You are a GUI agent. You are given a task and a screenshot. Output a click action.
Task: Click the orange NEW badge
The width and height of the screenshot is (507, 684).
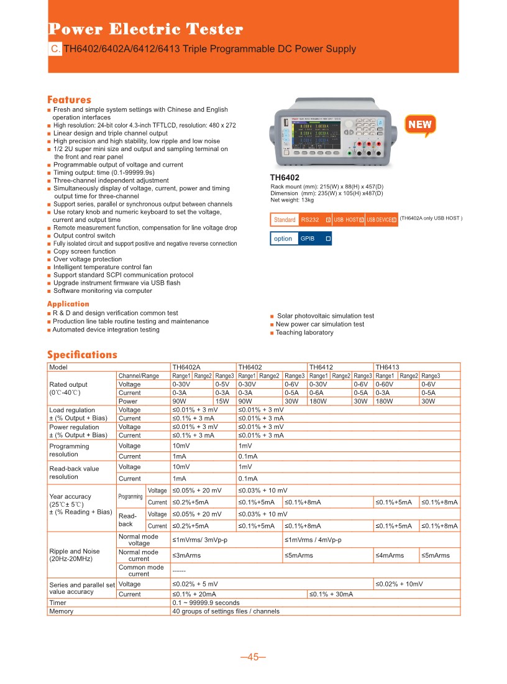(419, 124)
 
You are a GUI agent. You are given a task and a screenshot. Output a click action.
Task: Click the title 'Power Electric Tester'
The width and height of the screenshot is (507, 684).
(145, 29)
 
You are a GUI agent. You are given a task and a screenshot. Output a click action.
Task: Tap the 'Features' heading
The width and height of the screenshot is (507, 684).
(70, 99)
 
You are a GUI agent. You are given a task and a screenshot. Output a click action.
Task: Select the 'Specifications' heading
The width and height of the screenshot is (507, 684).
(82, 354)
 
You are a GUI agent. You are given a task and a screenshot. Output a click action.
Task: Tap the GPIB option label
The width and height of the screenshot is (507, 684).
(307, 239)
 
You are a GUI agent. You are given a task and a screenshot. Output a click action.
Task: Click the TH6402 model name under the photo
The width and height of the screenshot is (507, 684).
(285, 178)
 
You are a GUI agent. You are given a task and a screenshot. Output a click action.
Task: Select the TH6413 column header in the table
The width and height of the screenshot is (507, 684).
(388, 367)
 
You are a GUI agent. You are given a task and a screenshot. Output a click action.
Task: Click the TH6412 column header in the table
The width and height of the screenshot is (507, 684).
(321, 367)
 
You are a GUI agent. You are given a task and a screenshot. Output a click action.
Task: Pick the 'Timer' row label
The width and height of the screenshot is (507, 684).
(58, 603)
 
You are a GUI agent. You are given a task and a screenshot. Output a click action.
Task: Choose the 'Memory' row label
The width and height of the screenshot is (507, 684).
(61, 611)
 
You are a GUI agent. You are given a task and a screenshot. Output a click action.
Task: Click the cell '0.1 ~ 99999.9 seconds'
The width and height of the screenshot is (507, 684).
(206, 603)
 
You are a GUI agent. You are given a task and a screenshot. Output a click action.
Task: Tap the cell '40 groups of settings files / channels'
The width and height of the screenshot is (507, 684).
(226, 611)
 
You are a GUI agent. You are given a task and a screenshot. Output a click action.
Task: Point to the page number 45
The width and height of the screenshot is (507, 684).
(253, 657)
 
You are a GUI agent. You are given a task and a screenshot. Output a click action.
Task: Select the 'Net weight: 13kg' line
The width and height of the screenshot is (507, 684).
(292, 200)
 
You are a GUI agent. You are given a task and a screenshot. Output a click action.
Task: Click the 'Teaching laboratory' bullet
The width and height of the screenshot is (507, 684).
(304, 333)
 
